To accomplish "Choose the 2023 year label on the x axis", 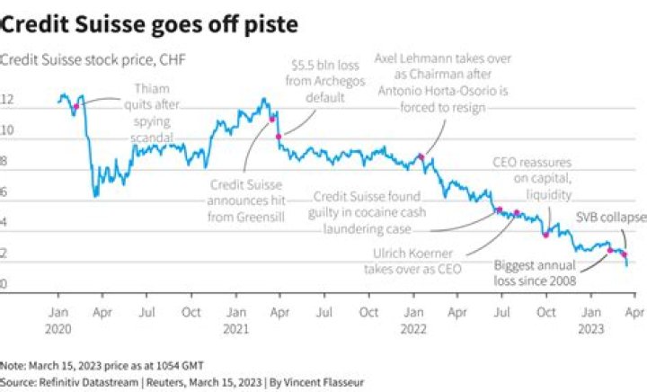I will pyautogui.click(x=589, y=329).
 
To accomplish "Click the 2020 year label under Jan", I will pyautogui.click(x=58, y=329).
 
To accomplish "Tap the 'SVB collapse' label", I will pyautogui.click(x=610, y=218).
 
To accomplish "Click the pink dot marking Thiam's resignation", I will pyautogui.click(x=76, y=106).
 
